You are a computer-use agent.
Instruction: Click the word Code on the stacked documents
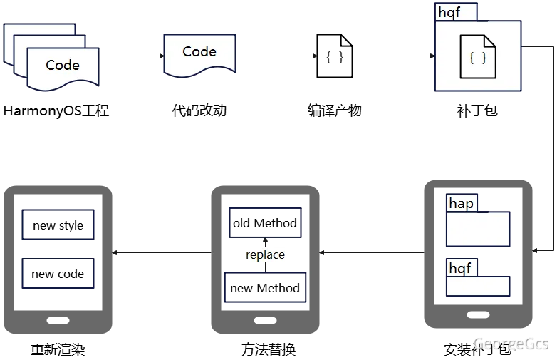coord(63,65)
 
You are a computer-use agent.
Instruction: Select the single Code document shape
coord(199,54)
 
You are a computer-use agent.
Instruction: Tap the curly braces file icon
coord(478,58)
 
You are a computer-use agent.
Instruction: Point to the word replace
coord(265,254)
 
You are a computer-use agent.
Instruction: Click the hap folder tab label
coord(461,204)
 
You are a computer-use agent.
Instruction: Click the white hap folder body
coord(478,230)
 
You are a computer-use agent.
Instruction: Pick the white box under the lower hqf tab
coord(478,287)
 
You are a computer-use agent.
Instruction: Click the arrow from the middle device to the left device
coord(162,252)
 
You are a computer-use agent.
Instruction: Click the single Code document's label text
coord(199,51)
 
